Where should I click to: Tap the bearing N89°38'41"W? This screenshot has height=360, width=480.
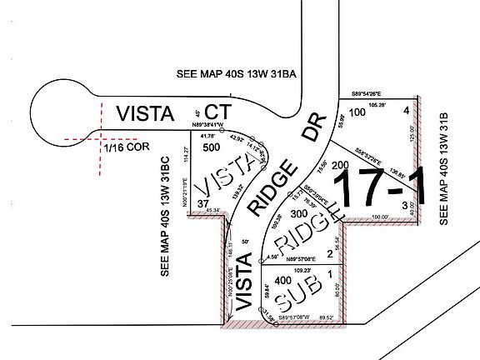(x=207, y=126)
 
